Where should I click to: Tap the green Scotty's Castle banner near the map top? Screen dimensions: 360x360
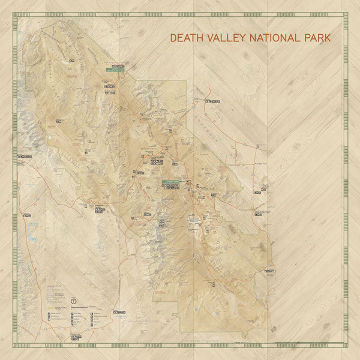(x=115, y=70)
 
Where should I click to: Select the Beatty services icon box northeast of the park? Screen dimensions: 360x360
(x=212, y=102)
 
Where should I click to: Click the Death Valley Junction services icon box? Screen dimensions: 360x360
(x=257, y=193)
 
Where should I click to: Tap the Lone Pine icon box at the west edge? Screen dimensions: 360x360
(x=24, y=157)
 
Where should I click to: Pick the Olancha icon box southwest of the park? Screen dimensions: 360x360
(x=26, y=215)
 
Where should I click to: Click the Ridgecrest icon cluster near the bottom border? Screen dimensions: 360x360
(x=76, y=337)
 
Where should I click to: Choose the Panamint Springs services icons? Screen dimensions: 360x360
(x=99, y=209)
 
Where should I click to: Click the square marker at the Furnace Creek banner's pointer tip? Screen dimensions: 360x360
(x=188, y=182)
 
